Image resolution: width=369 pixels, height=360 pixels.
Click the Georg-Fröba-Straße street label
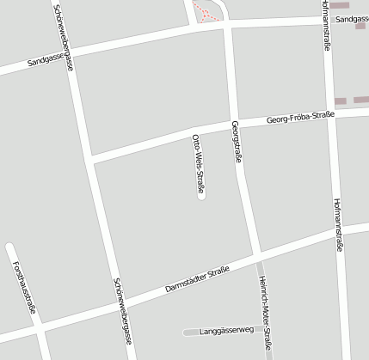(x=300, y=118)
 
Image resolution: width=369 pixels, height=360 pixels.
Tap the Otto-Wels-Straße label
(x=198, y=162)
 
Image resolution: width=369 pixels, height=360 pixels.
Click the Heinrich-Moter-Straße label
(x=266, y=313)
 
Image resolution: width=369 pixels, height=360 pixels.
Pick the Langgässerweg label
(x=221, y=330)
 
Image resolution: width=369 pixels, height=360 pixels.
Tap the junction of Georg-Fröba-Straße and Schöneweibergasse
(x=90, y=160)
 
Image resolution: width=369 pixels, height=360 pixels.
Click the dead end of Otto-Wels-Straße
(x=201, y=199)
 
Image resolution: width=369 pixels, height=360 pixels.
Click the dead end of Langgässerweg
(x=186, y=331)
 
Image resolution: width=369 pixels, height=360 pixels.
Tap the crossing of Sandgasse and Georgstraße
(x=225, y=25)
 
